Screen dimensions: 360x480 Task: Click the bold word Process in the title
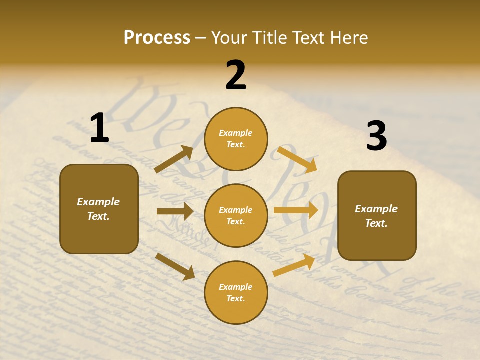coord(157,37)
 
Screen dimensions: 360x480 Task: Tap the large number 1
coord(99,128)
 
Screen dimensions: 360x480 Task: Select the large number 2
coord(236,75)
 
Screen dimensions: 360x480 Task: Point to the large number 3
coord(376,136)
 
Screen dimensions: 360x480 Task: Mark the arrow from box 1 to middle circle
coord(175,212)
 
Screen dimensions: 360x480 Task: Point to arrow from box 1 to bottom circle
coord(175,266)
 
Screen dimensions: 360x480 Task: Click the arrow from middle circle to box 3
coord(296,210)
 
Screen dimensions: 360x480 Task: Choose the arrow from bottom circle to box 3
coord(294,265)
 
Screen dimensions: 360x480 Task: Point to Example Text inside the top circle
coord(236,139)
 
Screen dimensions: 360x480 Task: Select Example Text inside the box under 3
coord(376,216)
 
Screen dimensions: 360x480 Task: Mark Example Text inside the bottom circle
coord(236,293)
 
